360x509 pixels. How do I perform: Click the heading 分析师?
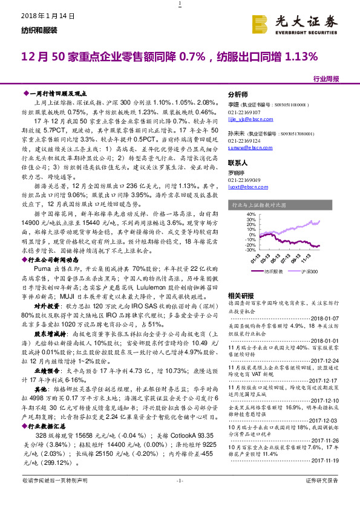(237, 95)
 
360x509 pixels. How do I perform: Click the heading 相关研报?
(239, 295)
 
